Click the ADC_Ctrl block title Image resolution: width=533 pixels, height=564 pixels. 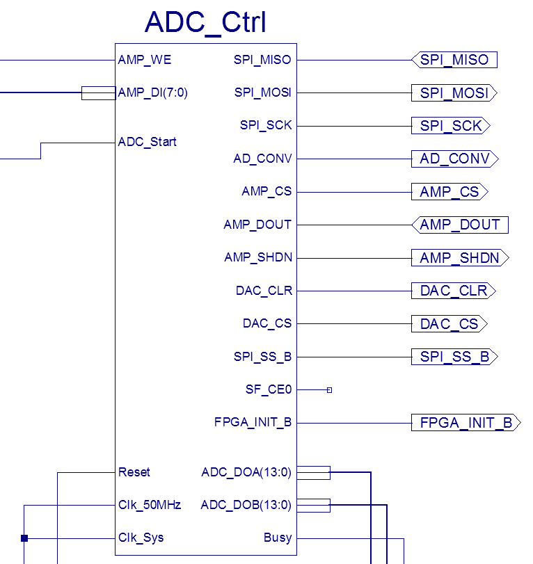point(205,22)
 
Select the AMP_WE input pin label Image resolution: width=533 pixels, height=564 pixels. point(145,60)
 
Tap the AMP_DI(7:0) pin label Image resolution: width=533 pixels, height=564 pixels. point(153,92)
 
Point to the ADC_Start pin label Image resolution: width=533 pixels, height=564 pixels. point(148,142)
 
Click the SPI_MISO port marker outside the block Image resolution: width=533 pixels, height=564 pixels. point(455,60)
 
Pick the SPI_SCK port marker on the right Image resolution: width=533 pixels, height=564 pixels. point(451,126)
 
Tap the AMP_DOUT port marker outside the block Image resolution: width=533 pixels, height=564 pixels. point(460,225)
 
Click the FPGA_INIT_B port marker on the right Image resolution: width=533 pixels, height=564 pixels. point(466,422)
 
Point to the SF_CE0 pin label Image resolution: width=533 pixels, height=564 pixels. point(269,389)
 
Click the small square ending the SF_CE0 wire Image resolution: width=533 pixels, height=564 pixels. point(329,390)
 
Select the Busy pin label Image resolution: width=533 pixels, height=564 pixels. point(278,538)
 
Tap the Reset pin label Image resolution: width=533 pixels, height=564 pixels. point(134,472)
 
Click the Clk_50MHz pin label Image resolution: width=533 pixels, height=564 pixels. point(150,505)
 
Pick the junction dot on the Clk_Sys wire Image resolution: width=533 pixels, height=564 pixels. point(24,538)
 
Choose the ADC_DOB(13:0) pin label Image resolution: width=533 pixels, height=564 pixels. point(246,505)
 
